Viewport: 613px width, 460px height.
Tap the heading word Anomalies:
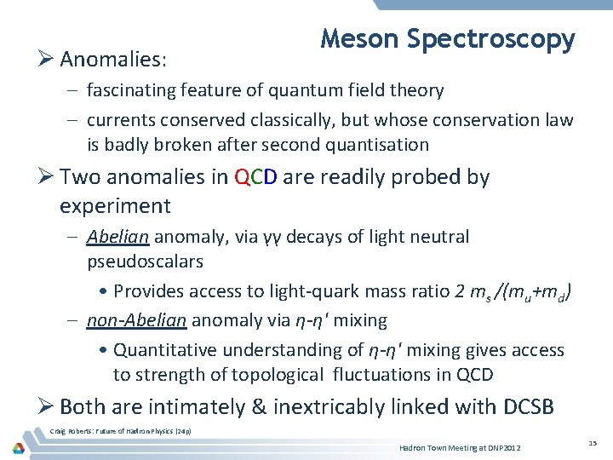point(114,60)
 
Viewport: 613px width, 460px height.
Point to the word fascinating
point(136,90)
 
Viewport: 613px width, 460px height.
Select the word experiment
point(115,206)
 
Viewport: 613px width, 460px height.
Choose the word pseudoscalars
point(145,261)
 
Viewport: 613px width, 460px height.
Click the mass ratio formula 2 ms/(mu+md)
point(513,291)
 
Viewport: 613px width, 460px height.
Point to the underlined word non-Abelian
point(136,320)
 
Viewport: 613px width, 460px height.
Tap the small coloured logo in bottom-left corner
point(18,448)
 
